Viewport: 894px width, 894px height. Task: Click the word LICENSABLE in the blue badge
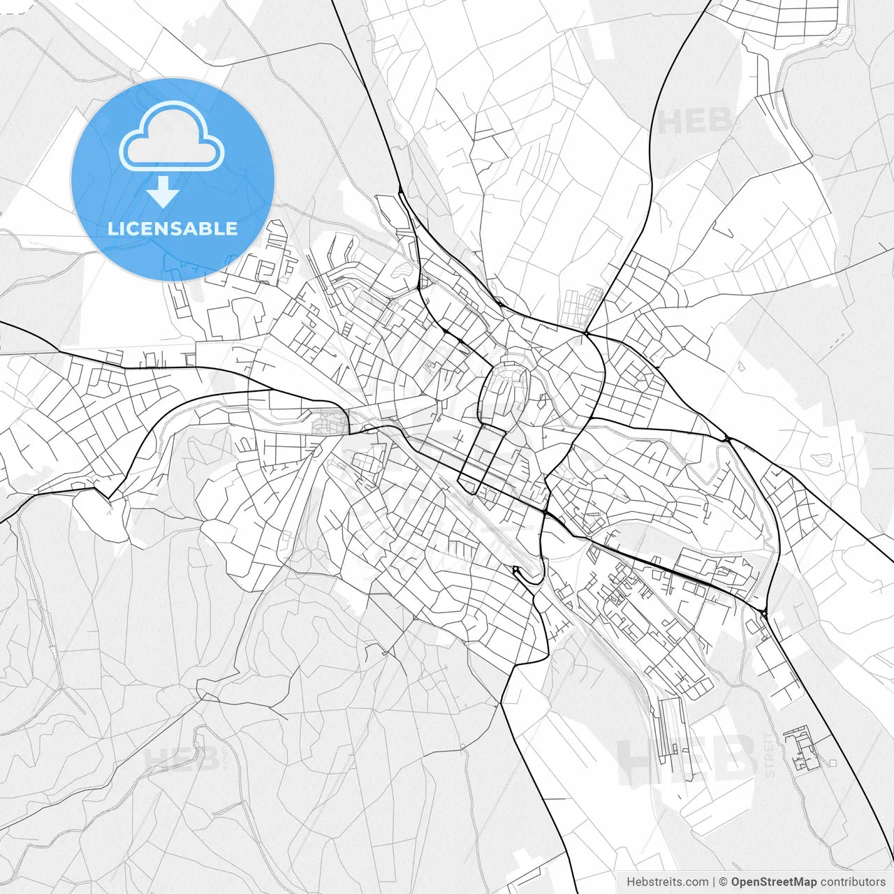(173, 228)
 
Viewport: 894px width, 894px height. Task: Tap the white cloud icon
(172, 137)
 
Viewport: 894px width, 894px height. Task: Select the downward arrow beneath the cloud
(163, 192)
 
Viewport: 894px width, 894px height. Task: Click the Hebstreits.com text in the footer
(667, 882)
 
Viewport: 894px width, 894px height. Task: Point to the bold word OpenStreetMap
(774, 882)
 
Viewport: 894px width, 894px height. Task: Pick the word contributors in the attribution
(853, 882)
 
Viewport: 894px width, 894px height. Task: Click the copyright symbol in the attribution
(724, 882)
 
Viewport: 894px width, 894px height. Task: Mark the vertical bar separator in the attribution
(714, 882)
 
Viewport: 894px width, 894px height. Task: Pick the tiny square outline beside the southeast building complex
(833, 763)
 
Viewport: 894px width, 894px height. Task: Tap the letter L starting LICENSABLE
(112, 228)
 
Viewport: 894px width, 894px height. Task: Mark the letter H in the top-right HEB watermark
(670, 122)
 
